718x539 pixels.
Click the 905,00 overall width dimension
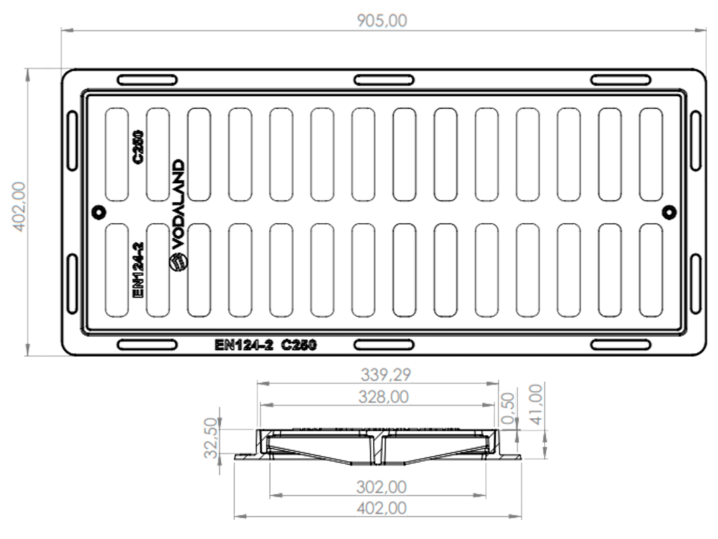click(x=382, y=20)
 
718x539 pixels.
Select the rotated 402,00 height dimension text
click(x=19, y=207)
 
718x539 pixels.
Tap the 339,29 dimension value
click(x=386, y=375)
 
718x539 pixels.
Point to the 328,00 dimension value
click(x=384, y=397)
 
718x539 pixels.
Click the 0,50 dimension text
click(x=508, y=409)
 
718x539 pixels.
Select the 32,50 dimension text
click(x=211, y=438)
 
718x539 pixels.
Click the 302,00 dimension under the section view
click(x=381, y=487)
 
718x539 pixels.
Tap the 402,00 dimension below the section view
click(x=381, y=508)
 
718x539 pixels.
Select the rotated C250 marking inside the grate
click(x=137, y=147)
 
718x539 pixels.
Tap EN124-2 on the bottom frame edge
click(x=243, y=345)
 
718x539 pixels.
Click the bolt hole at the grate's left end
click(x=98, y=212)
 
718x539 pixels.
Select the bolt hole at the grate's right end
click(x=670, y=212)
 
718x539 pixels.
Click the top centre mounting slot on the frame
click(x=384, y=80)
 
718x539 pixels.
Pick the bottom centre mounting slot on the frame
click(x=384, y=345)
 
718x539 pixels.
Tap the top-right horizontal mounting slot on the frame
click(x=621, y=80)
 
